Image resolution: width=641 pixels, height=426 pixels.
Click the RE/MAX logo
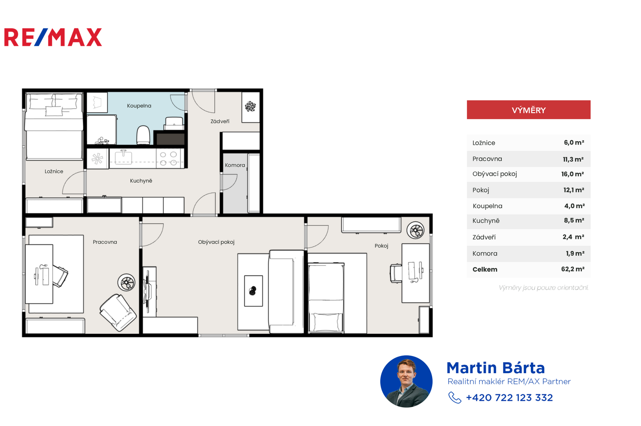click(53, 37)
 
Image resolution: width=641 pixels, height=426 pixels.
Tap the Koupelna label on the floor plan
click(139, 106)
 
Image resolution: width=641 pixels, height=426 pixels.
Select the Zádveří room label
click(220, 121)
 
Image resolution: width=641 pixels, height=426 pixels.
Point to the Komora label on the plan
click(235, 165)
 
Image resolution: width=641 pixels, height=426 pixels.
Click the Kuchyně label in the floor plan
click(141, 181)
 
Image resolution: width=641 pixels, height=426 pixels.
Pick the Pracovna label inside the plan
click(105, 242)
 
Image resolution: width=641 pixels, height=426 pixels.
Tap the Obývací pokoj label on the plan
click(216, 242)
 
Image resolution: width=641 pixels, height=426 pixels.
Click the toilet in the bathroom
click(143, 135)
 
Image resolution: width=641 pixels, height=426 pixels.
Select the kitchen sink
click(123, 157)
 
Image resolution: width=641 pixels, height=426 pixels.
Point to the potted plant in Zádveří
click(250, 106)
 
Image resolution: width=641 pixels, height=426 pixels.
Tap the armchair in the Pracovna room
click(118, 313)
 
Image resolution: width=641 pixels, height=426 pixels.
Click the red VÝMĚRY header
click(528, 110)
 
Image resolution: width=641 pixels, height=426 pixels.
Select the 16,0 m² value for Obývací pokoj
click(572, 174)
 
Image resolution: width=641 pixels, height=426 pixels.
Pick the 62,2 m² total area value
click(572, 269)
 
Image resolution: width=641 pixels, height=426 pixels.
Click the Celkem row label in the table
click(485, 269)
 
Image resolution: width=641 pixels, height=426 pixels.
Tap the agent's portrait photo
click(406, 382)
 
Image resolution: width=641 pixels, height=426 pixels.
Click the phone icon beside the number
click(455, 398)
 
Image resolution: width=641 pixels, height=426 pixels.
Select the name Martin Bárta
click(496, 368)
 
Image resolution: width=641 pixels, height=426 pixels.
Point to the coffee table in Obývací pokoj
click(253, 291)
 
